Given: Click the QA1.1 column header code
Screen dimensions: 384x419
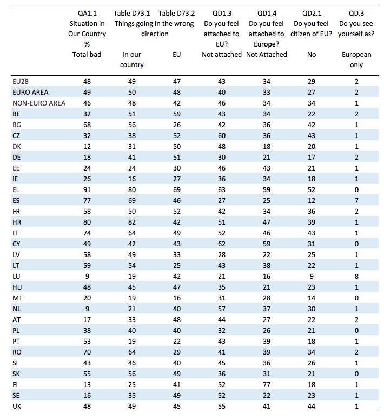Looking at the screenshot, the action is pyautogui.click(x=87, y=14).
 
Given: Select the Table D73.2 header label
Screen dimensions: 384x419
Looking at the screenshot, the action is pyautogui.click(x=176, y=14).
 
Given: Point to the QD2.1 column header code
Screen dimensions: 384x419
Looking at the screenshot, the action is pyautogui.click(x=312, y=14).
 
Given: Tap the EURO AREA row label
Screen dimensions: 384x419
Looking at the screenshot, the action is pyautogui.click(x=30, y=93).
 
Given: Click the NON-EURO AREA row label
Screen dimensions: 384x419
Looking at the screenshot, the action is pyautogui.click(x=39, y=103).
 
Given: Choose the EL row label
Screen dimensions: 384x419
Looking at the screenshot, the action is pyautogui.click(x=16, y=189).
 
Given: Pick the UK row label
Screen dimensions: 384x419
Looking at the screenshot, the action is pyautogui.click(x=17, y=406).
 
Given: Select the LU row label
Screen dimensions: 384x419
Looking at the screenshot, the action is pyautogui.click(x=16, y=276).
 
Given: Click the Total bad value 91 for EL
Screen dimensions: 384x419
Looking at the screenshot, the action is pyautogui.click(x=87, y=189).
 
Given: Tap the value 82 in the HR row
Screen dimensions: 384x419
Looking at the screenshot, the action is pyautogui.click(x=132, y=222).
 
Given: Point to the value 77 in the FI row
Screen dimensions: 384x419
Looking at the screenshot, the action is pyautogui.click(x=267, y=384).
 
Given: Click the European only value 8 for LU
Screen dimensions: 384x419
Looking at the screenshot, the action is pyautogui.click(x=356, y=276).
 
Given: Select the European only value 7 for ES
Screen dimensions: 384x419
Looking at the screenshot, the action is pyautogui.click(x=356, y=201).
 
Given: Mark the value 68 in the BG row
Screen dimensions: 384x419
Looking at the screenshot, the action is pyautogui.click(x=87, y=125).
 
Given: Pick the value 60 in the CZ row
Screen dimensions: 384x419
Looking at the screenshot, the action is pyautogui.click(x=222, y=136).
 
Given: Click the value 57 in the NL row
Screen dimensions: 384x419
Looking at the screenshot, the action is pyautogui.click(x=222, y=309).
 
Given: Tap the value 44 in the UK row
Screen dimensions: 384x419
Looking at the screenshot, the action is pyautogui.click(x=312, y=406).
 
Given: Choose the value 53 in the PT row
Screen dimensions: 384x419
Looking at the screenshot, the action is pyautogui.click(x=87, y=341).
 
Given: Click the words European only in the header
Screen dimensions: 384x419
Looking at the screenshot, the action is pyautogui.click(x=356, y=60).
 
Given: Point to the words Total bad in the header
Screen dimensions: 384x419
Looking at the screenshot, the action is pyautogui.click(x=87, y=55).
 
